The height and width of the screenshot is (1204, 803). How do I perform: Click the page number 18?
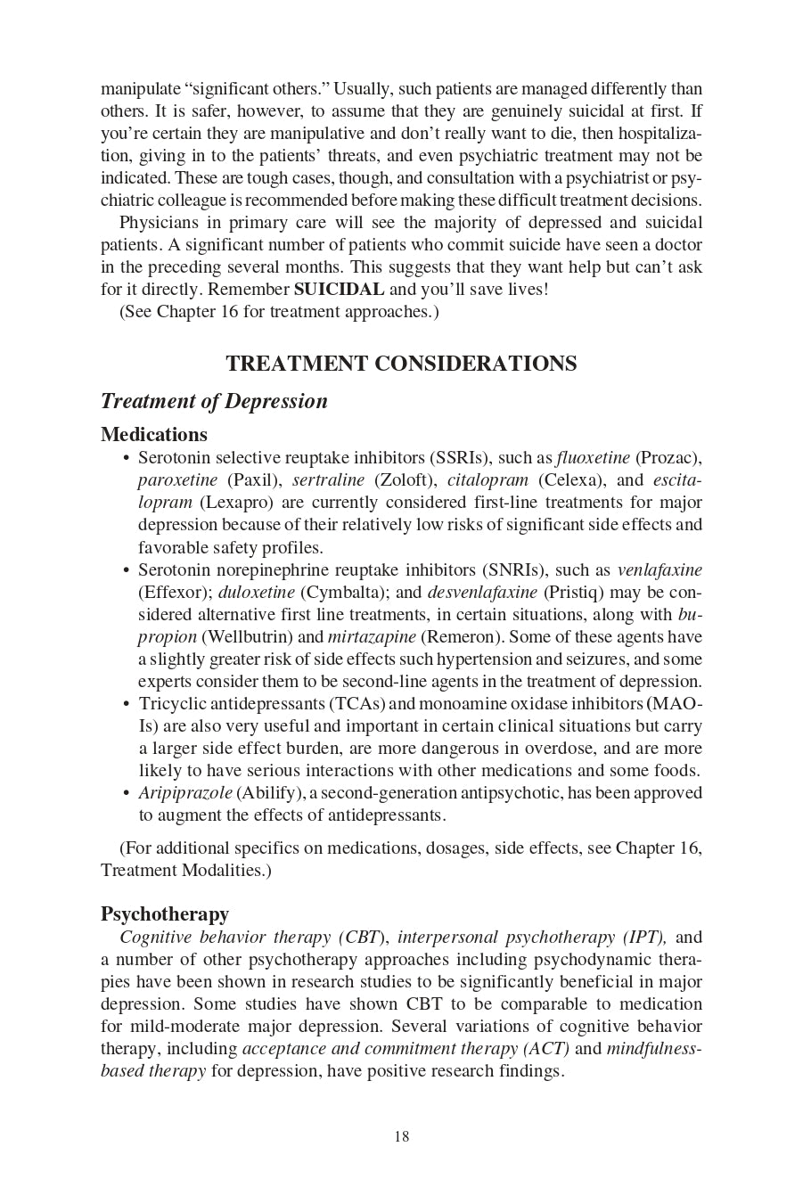pyautogui.click(x=401, y=1136)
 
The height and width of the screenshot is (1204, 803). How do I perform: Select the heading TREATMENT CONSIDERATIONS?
pyautogui.click(x=401, y=364)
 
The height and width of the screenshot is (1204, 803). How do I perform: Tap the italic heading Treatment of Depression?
pyautogui.click(x=214, y=401)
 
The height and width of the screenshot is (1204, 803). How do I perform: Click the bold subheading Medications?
pyautogui.click(x=153, y=435)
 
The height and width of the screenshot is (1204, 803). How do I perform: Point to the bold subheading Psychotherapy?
pyautogui.click(x=164, y=914)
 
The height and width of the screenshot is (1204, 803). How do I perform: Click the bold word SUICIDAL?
pyautogui.click(x=339, y=290)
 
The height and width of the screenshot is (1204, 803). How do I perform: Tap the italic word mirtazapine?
pyautogui.click(x=372, y=637)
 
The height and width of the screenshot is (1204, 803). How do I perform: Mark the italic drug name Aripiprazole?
pyautogui.click(x=184, y=793)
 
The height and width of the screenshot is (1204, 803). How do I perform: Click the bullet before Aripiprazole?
pyautogui.click(x=127, y=793)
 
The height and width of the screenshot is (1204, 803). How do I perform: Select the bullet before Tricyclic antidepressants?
pyautogui.click(x=127, y=704)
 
